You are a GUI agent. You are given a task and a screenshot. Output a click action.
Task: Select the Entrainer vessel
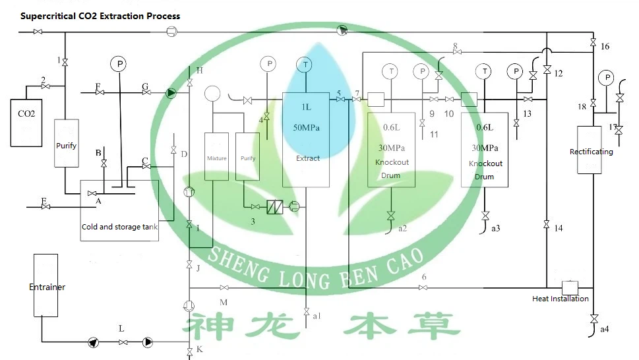click(47, 286)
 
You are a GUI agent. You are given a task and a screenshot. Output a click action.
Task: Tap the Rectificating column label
click(591, 152)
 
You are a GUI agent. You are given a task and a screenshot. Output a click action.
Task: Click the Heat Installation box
click(569, 288)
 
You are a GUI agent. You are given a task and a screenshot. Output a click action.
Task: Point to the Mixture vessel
click(216, 158)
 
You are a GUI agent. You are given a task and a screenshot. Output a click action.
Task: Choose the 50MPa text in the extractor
click(306, 127)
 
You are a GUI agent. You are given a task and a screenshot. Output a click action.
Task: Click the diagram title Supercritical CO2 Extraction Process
click(100, 16)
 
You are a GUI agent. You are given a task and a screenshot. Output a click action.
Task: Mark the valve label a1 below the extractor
click(317, 316)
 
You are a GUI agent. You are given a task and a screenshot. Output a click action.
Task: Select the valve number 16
click(605, 46)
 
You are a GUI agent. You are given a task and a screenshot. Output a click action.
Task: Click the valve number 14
click(559, 228)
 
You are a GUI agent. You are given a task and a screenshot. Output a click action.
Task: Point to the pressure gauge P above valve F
click(119, 63)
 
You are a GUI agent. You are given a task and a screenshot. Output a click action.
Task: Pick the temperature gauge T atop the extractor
click(305, 64)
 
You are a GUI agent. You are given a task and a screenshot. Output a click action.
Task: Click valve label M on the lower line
click(224, 302)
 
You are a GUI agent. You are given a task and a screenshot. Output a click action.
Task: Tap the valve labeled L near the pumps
click(121, 328)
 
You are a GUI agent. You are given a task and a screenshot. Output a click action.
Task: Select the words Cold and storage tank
click(119, 227)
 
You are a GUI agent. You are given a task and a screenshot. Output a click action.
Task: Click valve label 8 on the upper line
click(455, 45)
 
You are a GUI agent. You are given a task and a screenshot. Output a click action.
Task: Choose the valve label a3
click(496, 228)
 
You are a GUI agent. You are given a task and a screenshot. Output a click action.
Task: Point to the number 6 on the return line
click(424, 277)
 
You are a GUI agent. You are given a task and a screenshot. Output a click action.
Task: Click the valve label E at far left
click(44, 200)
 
